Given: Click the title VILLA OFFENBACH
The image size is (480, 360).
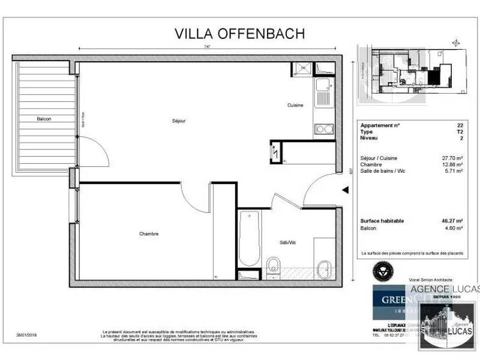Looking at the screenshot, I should (239, 34).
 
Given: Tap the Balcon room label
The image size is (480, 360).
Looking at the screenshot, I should (43, 119).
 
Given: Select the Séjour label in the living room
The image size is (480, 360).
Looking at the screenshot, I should (179, 121).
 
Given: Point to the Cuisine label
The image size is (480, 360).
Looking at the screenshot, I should (295, 105).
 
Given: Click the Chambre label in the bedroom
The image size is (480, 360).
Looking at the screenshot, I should (148, 234).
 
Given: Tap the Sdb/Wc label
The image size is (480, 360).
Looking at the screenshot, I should (288, 243).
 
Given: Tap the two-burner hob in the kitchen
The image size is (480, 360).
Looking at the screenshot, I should (324, 128).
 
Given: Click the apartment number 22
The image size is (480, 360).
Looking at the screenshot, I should (460, 126).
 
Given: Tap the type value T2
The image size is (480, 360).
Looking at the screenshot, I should (460, 131).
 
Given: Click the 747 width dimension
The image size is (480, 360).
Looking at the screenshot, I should (206, 46).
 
